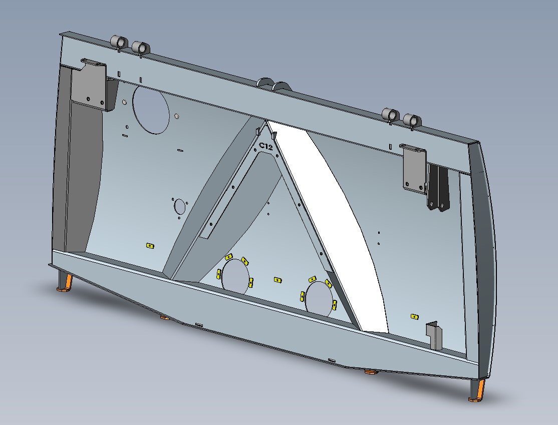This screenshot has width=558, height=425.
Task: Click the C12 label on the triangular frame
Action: [265, 147]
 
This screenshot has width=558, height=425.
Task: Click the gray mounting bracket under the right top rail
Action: [414, 168]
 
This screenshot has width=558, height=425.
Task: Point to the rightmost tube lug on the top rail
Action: [412, 121]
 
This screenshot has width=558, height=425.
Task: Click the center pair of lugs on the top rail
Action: [273, 85]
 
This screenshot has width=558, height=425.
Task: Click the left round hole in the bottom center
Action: [235, 276]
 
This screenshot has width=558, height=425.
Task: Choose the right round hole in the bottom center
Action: [319, 298]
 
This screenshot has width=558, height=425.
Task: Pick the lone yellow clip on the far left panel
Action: [149, 246]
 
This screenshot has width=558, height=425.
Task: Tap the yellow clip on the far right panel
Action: [414, 316]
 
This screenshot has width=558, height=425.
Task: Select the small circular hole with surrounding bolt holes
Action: [179, 206]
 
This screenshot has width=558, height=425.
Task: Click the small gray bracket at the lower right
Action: [434, 335]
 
